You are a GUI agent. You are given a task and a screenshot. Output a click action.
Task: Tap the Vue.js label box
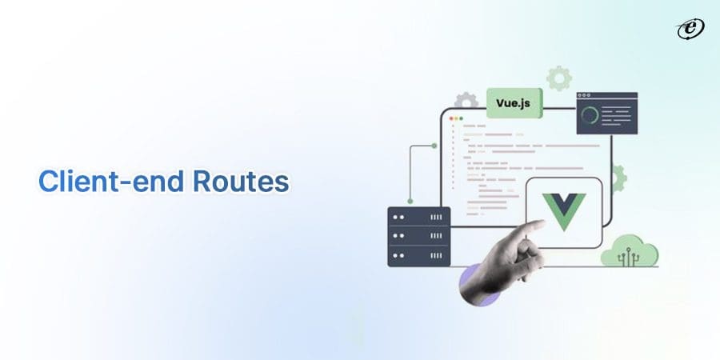pyautogui.click(x=514, y=102)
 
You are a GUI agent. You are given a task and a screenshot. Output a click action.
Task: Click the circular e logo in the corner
pyautogui.click(x=689, y=30)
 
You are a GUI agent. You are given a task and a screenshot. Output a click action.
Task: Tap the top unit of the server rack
pyautogui.click(x=418, y=217)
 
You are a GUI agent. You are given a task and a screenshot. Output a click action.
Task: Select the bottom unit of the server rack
pyautogui.click(x=418, y=256)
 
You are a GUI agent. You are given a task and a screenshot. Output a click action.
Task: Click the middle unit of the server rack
pyautogui.click(x=418, y=237)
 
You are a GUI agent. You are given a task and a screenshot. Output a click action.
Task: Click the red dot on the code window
pyautogui.click(x=451, y=118)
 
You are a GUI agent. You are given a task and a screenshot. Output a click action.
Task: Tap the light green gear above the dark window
pyautogui.click(x=558, y=78)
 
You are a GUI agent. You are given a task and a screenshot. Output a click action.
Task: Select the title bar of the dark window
pyautogui.click(x=606, y=96)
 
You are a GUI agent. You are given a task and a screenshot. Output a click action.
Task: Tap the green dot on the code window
pyautogui.click(x=462, y=118)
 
